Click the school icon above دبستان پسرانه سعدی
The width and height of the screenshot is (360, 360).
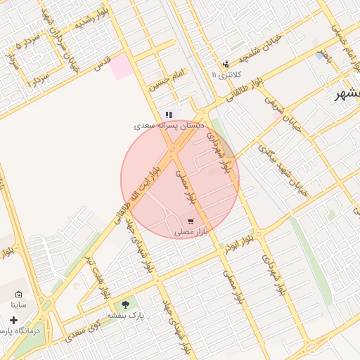169,115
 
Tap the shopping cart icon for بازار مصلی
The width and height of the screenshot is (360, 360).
191,221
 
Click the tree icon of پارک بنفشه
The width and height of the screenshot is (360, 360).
126,304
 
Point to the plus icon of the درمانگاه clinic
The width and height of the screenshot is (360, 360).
13,320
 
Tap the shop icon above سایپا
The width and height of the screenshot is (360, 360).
18,295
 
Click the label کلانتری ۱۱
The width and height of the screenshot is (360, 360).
226,74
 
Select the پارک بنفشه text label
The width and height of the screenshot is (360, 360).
126,316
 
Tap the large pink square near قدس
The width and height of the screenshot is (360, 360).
121,66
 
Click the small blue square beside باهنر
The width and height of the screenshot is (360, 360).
321,56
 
